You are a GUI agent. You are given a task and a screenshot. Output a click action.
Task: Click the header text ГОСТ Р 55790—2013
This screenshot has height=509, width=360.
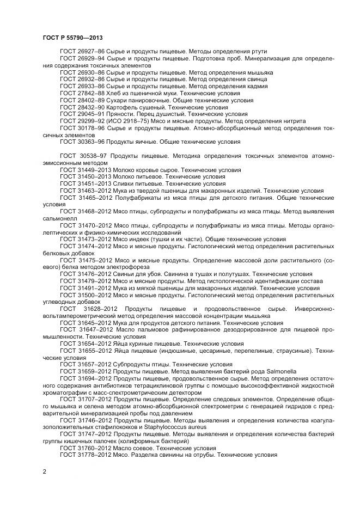73,37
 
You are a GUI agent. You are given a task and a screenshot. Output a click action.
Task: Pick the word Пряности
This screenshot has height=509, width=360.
120,114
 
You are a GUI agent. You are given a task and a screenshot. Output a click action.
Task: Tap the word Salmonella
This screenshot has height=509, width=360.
279,372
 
